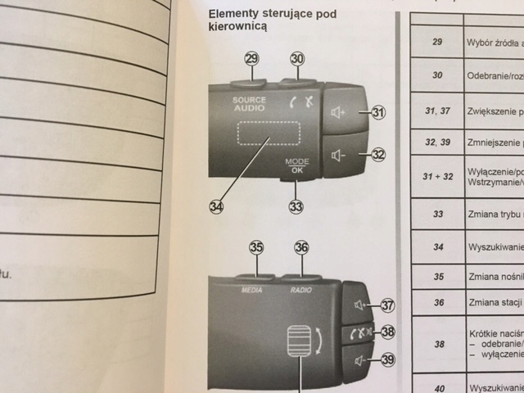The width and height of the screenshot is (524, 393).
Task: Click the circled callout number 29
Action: [x=251, y=58]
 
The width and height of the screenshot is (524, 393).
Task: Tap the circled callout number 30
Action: [x=297, y=58]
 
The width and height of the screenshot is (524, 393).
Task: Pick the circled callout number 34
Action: [x=216, y=206]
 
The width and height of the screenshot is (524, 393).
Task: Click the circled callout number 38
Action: [x=388, y=332]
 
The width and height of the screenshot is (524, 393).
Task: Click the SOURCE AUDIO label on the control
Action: [x=249, y=103]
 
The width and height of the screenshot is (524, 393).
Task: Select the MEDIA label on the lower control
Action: [x=251, y=289]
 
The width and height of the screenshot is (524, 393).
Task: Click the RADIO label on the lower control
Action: [x=300, y=289]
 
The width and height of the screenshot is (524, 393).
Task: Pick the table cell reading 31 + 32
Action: [x=436, y=177]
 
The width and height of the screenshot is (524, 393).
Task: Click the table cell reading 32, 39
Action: [x=436, y=141]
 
